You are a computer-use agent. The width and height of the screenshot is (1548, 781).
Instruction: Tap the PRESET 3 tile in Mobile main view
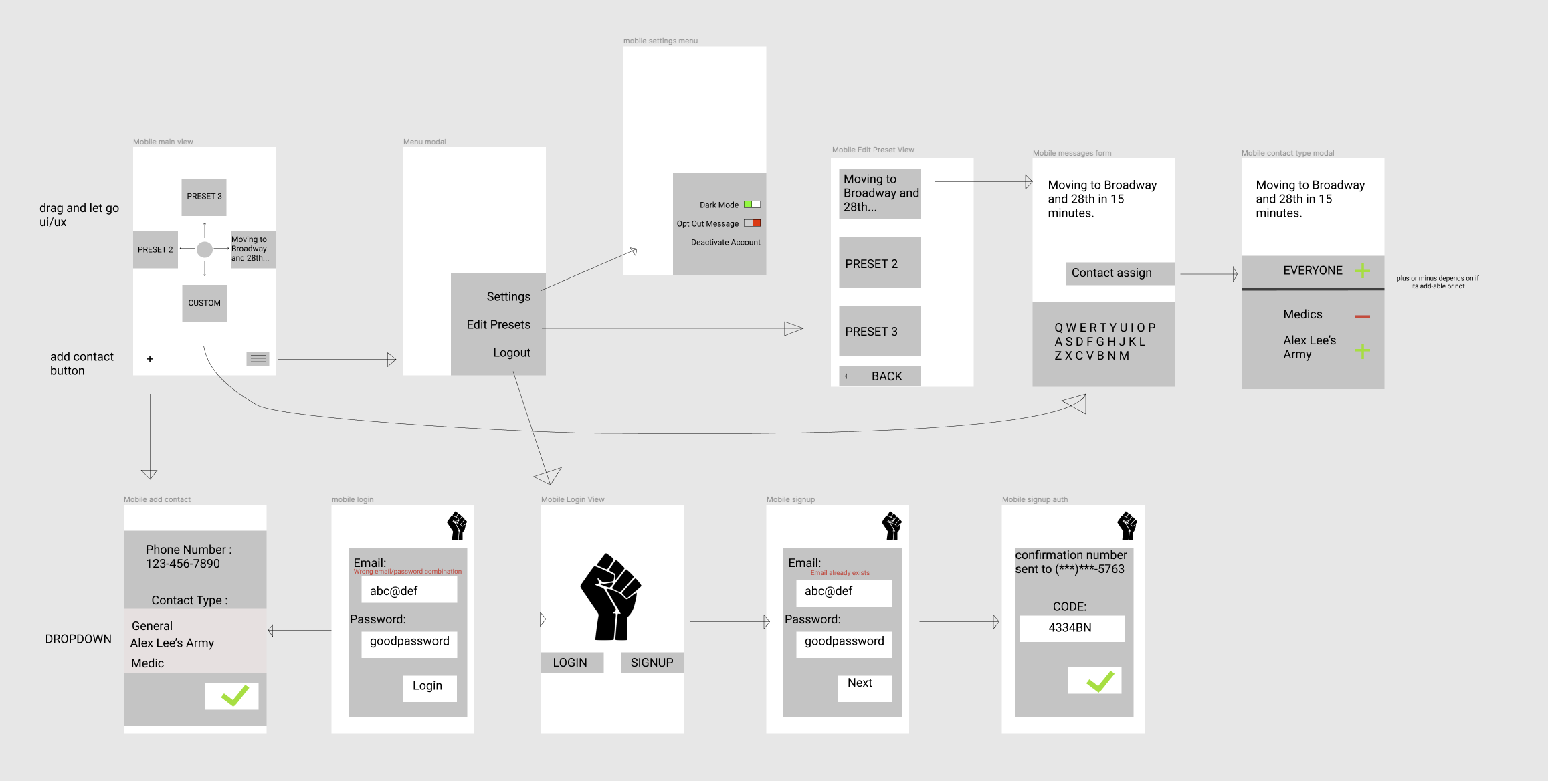[204, 197]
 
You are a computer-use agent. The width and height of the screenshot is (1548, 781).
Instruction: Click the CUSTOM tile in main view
[204, 303]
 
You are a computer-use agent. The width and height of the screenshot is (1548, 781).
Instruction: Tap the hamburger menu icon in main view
[258, 359]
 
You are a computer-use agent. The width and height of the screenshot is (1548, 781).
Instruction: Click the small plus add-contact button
[150, 359]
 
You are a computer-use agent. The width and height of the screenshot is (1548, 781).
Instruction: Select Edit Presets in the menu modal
[498, 325]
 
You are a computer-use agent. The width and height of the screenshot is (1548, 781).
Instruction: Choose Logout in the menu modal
[512, 353]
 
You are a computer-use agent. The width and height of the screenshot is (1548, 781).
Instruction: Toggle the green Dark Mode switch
[752, 205]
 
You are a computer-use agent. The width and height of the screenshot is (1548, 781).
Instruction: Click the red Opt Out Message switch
[752, 223]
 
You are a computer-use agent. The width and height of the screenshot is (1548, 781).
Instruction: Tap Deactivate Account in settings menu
[725, 243]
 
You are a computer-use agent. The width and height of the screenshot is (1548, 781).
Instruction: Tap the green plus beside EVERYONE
[1363, 271]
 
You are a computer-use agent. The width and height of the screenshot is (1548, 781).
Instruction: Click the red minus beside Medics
[1363, 316]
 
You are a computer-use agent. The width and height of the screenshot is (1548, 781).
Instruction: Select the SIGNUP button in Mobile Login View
[652, 663]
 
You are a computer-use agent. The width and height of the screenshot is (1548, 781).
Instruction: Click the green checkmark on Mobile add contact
[231, 696]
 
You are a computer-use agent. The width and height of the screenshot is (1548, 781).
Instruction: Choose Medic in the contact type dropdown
[148, 663]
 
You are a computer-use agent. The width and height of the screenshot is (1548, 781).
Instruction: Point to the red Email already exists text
[840, 573]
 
